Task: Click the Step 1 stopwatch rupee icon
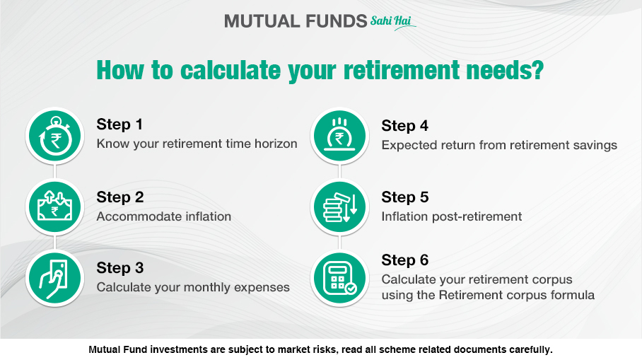click(x=54, y=136)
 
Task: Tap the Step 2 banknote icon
click(x=54, y=207)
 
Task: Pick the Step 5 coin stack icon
click(x=339, y=207)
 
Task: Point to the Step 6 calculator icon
click(x=339, y=278)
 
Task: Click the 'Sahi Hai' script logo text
click(x=392, y=22)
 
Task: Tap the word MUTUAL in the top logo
click(x=260, y=21)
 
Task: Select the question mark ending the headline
click(x=537, y=69)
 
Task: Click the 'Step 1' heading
click(x=119, y=124)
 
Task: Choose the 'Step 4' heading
click(x=405, y=125)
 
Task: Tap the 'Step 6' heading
click(x=405, y=260)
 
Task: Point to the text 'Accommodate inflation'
click(x=164, y=216)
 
